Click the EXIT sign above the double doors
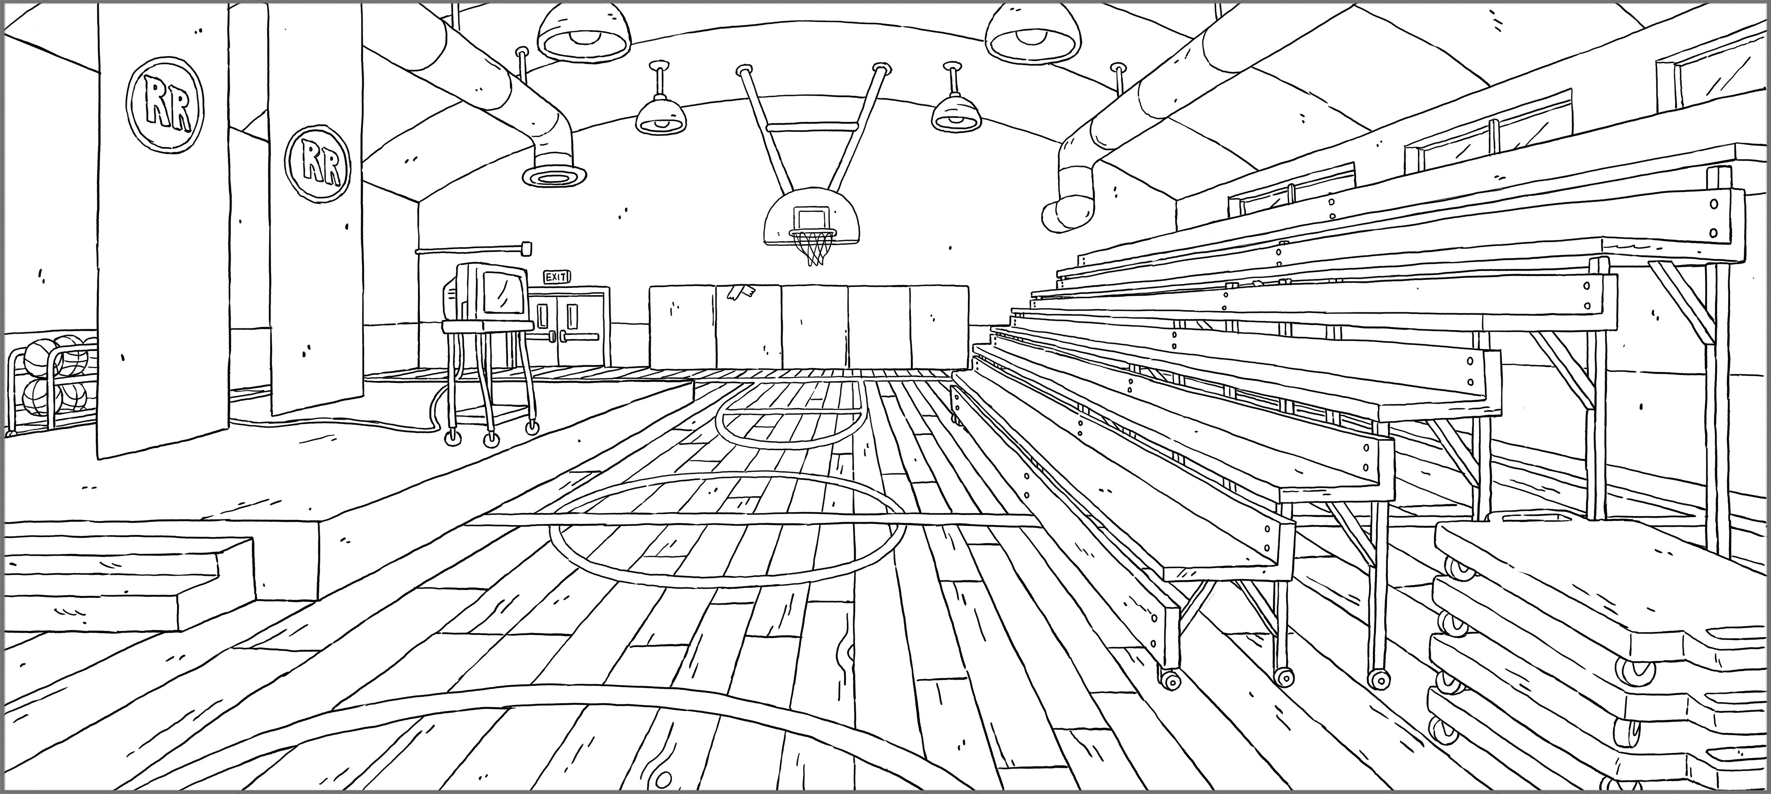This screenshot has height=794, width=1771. (x=557, y=277)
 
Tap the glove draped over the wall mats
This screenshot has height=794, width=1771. (x=740, y=293)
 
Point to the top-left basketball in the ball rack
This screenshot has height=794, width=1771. (x=40, y=355)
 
